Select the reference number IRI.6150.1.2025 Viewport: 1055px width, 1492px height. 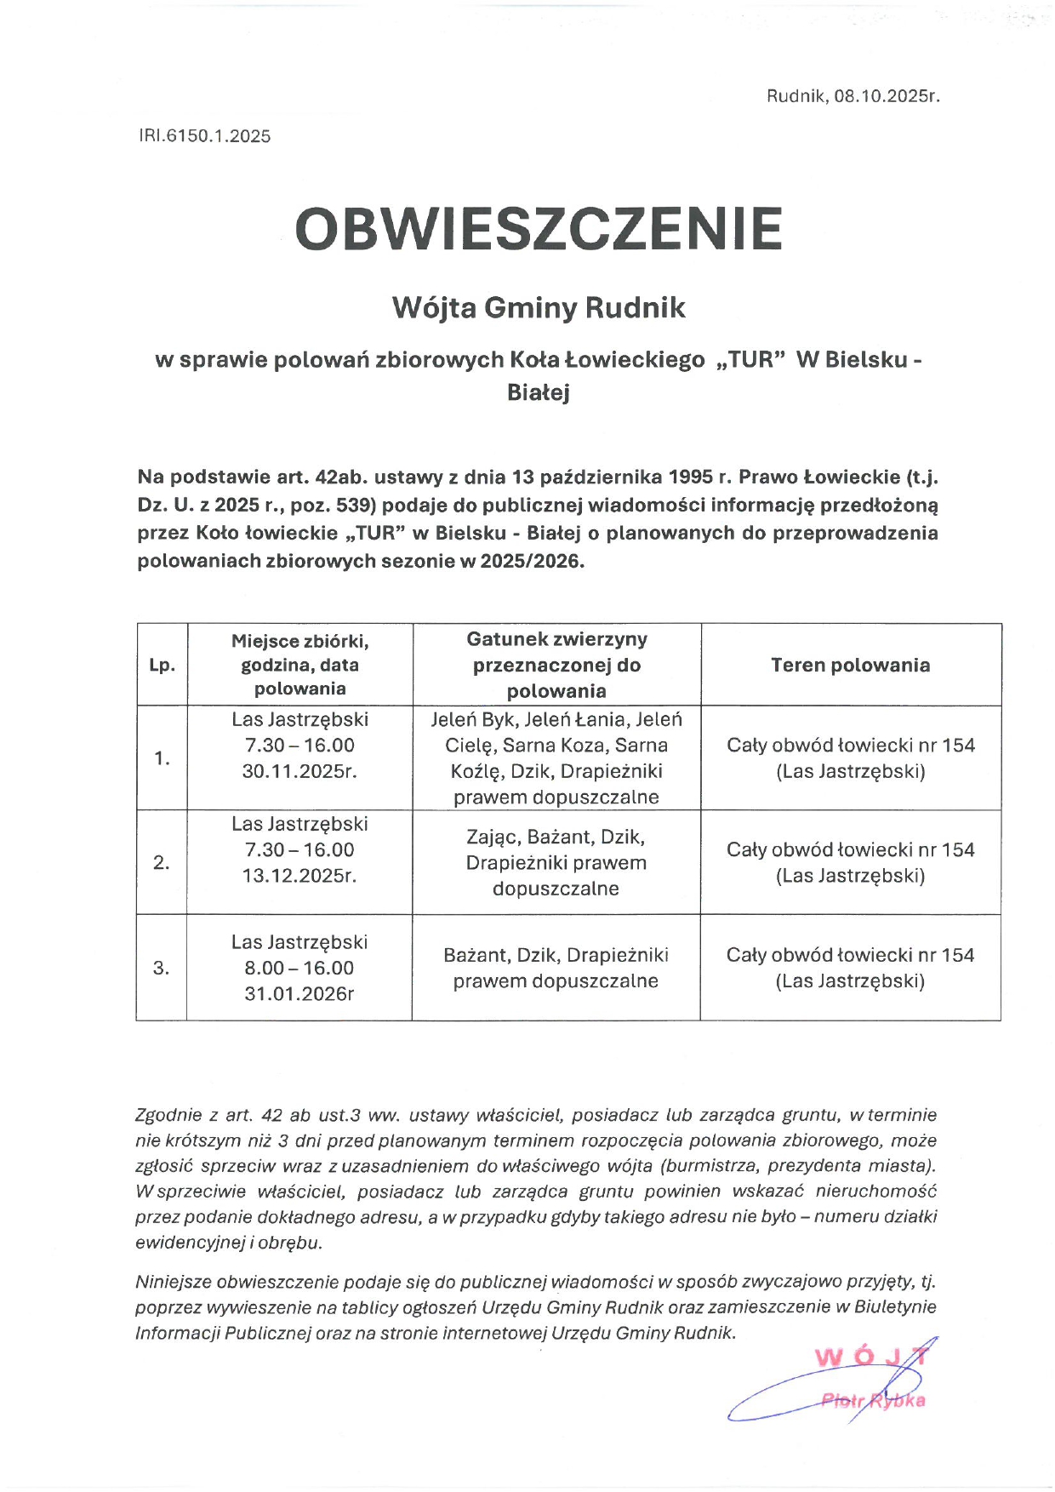coord(204,136)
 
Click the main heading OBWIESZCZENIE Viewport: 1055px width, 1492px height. coord(538,229)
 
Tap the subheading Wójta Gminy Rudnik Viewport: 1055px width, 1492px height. coord(538,307)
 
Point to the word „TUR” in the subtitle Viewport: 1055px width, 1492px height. coord(750,360)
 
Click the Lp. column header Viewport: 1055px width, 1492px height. coord(162,666)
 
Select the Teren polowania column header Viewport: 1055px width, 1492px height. coord(850,666)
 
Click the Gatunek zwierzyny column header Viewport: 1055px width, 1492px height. coord(556,640)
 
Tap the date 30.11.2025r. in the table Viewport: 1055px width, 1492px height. coord(299,771)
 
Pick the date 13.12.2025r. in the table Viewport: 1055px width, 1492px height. coord(299,876)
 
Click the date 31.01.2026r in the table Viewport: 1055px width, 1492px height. coord(299,993)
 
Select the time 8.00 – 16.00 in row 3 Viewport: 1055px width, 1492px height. coord(299,968)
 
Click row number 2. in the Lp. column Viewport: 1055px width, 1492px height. coord(162,863)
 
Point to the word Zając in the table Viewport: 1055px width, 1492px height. coord(492,837)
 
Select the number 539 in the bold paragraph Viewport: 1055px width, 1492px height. coord(353,506)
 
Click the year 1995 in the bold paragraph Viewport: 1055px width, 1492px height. coord(690,477)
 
